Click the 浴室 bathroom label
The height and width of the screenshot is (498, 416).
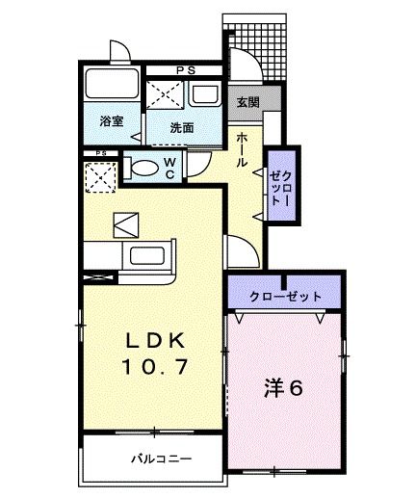[x=112, y=121]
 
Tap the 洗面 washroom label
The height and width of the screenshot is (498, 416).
[x=182, y=127]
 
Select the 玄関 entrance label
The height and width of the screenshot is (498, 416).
[x=247, y=102]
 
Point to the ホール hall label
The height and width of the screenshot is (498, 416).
[x=242, y=150]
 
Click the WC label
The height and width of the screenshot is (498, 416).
[x=169, y=169]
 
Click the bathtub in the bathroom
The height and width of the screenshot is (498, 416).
[x=112, y=83]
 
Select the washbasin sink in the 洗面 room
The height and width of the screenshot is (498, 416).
[x=205, y=94]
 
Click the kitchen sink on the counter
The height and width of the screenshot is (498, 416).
[x=147, y=256]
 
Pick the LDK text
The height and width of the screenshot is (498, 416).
[x=155, y=341]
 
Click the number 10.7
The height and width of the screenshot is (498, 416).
[x=155, y=367]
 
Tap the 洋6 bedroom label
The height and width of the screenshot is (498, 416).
[x=283, y=387]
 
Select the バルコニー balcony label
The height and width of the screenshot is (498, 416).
[x=162, y=459]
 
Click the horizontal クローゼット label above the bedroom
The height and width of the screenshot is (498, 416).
[x=285, y=296]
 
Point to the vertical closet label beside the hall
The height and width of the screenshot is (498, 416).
[x=281, y=188]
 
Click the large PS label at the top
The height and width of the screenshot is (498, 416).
[x=186, y=70]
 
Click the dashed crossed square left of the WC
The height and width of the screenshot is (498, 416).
[x=100, y=177]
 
